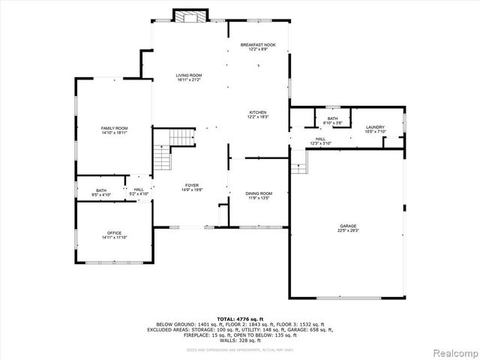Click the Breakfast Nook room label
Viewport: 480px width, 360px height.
[258, 45]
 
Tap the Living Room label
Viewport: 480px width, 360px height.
[189, 75]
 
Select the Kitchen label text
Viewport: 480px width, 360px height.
[258, 112]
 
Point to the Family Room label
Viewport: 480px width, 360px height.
[115, 128]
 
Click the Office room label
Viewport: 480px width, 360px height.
[114, 232]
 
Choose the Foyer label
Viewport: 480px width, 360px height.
[192, 184]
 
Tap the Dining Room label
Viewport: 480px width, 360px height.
[259, 193]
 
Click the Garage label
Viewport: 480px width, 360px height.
[347, 226]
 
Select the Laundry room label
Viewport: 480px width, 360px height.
[375, 127]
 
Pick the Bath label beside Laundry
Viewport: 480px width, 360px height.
[332, 118]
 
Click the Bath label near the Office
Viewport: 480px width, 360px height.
[101, 190]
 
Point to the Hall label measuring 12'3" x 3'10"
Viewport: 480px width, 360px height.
[320, 139]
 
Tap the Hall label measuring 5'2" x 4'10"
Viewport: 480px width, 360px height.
[139, 190]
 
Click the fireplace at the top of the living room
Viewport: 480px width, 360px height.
[190, 16]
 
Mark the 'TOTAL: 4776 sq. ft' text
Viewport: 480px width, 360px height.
[239, 319]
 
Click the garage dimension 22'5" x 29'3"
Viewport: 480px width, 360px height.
[347, 230]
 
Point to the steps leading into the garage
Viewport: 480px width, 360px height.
[299, 160]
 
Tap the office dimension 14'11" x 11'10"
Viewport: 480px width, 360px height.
[114, 237]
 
